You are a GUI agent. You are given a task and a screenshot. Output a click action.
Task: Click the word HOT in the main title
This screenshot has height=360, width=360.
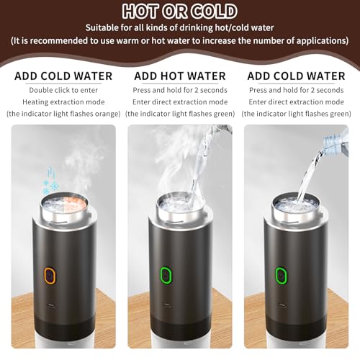click(x=140, y=11)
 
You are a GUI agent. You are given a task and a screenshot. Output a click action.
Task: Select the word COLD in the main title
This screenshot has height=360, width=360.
click(x=215, y=11)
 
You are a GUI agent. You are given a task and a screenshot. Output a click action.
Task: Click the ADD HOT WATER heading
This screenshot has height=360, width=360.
click(x=180, y=76)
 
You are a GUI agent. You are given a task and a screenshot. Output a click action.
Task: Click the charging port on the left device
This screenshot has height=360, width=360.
click(x=51, y=306)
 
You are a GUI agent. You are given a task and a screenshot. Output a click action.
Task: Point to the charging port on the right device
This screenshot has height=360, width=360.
click(x=282, y=305)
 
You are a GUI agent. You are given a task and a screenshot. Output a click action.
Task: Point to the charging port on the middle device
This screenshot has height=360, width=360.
click(x=167, y=305)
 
